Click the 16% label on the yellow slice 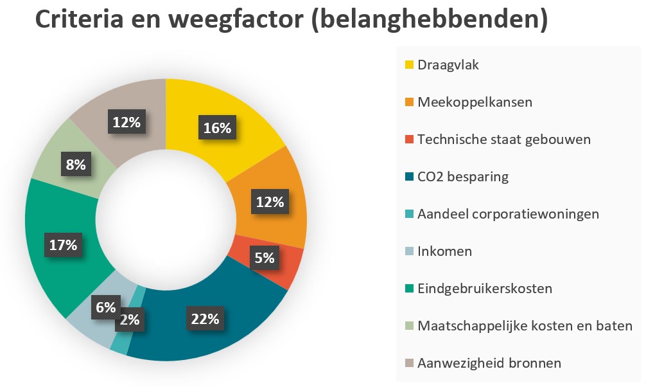point(217,128)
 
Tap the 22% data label point(205,318)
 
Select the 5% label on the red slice point(264,258)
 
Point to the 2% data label point(130,319)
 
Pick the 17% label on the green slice point(63,245)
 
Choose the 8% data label point(75,165)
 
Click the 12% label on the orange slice point(270,202)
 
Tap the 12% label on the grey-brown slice point(127,122)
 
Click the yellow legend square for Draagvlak point(409,65)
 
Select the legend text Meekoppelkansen point(475,102)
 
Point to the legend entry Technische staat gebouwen point(503,139)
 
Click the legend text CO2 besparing point(462,177)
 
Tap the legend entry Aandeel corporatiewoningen point(508,214)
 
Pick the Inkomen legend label point(444,251)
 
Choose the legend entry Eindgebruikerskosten point(484,289)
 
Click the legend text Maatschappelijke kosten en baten point(525,326)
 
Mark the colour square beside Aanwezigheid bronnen point(409,363)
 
